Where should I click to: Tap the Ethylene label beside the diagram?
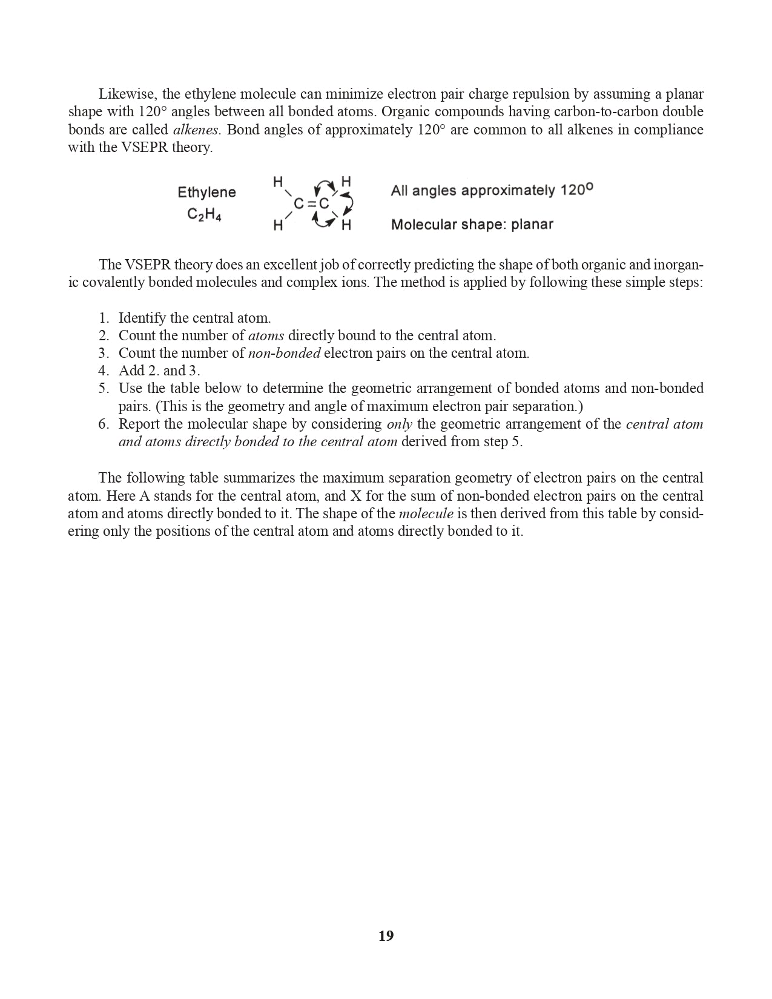point(206,193)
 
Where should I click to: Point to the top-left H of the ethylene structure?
point(278,182)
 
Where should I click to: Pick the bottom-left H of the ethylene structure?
point(278,226)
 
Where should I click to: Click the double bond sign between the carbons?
point(311,204)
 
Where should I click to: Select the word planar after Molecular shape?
point(532,225)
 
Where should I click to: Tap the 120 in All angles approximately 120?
point(572,191)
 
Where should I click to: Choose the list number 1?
point(104,318)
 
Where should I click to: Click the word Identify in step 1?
point(142,318)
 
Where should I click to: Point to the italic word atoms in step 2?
point(266,336)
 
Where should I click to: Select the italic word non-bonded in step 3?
point(284,354)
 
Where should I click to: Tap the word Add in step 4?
point(131,371)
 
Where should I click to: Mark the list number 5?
point(104,389)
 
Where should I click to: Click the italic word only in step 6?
point(399,424)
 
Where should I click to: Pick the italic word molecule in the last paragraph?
point(426,514)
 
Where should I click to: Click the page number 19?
point(386,936)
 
